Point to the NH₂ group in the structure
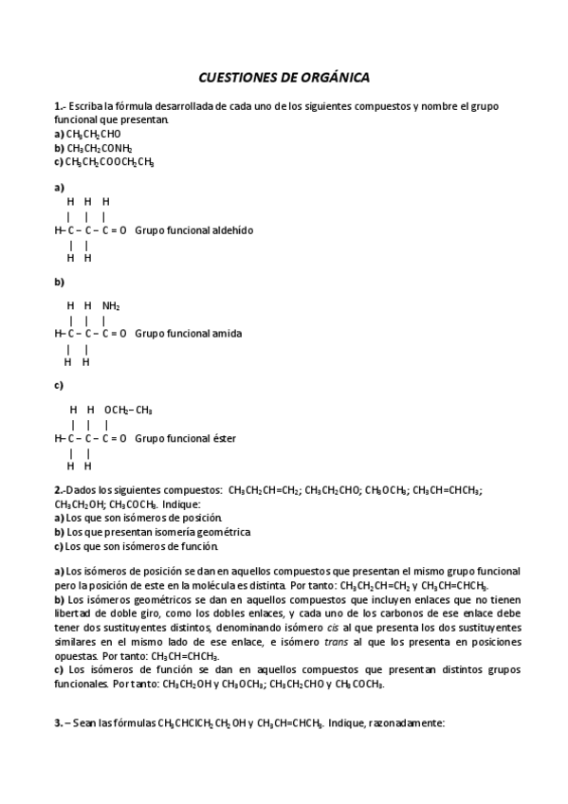click(111, 306)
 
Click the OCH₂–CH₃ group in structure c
click(128, 410)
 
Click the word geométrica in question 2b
click(218, 532)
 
